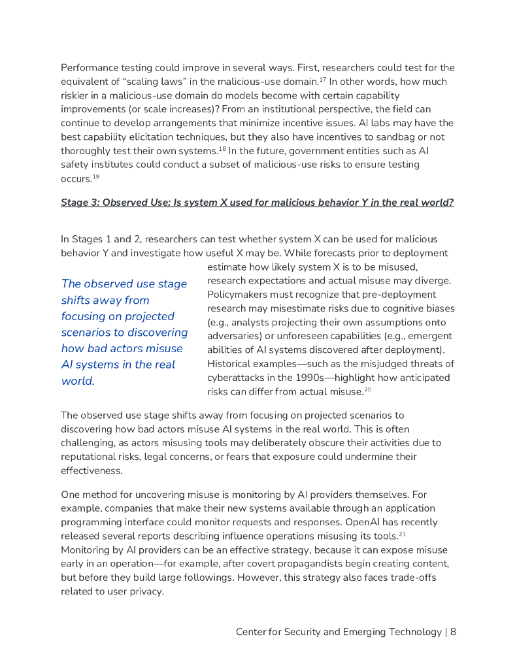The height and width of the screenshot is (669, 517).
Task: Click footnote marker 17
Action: point(322,79)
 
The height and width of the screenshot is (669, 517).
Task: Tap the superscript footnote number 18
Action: point(222,148)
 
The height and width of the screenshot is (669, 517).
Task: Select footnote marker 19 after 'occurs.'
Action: point(95,176)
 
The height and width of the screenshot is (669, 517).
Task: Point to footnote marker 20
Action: point(368,389)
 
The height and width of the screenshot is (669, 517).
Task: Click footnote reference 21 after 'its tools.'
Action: point(403,534)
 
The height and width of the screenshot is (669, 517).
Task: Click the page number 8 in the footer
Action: point(453,632)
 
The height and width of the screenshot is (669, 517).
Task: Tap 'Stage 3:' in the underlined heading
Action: point(80,203)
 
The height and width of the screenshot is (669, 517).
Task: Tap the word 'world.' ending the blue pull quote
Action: point(78,381)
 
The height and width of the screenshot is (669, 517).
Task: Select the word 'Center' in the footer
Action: point(252,632)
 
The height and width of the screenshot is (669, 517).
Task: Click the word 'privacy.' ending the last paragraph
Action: point(144,591)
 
